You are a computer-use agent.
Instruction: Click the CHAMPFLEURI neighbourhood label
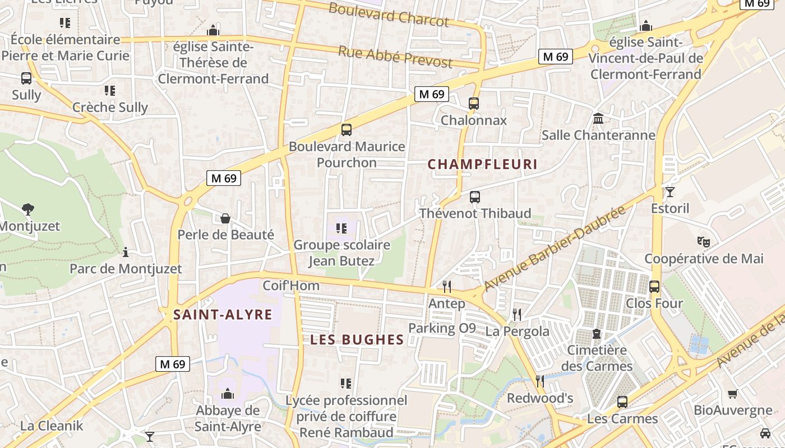(x=482, y=165)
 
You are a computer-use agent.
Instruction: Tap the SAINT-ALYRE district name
(x=223, y=315)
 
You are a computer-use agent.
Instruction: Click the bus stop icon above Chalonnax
(x=474, y=104)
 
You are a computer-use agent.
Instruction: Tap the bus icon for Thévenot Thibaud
(x=475, y=197)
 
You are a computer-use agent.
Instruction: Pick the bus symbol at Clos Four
(x=654, y=287)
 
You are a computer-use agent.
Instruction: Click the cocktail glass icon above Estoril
(x=669, y=192)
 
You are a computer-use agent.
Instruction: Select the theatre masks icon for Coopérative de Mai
(x=703, y=242)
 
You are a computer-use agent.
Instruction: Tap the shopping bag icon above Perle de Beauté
(x=225, y=218)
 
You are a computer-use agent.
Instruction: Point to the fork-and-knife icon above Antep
(x=447, y=287)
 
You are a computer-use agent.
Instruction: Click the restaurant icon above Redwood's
(x=540, y=381)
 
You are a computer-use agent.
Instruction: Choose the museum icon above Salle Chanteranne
(x=598, y=119)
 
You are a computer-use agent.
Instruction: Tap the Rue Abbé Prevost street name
(x=395, y=57)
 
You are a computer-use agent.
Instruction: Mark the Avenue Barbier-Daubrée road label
(x=554, y=249)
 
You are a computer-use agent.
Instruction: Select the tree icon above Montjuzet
(x=27, y=209)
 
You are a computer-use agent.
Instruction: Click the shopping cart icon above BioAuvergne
(x=732, y=394)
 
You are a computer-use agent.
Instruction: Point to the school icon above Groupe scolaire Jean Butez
(x=341, y=228)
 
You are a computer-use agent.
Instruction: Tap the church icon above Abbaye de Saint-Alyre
(x=227, y=394)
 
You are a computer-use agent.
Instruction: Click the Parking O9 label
(x=442, y=328)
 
